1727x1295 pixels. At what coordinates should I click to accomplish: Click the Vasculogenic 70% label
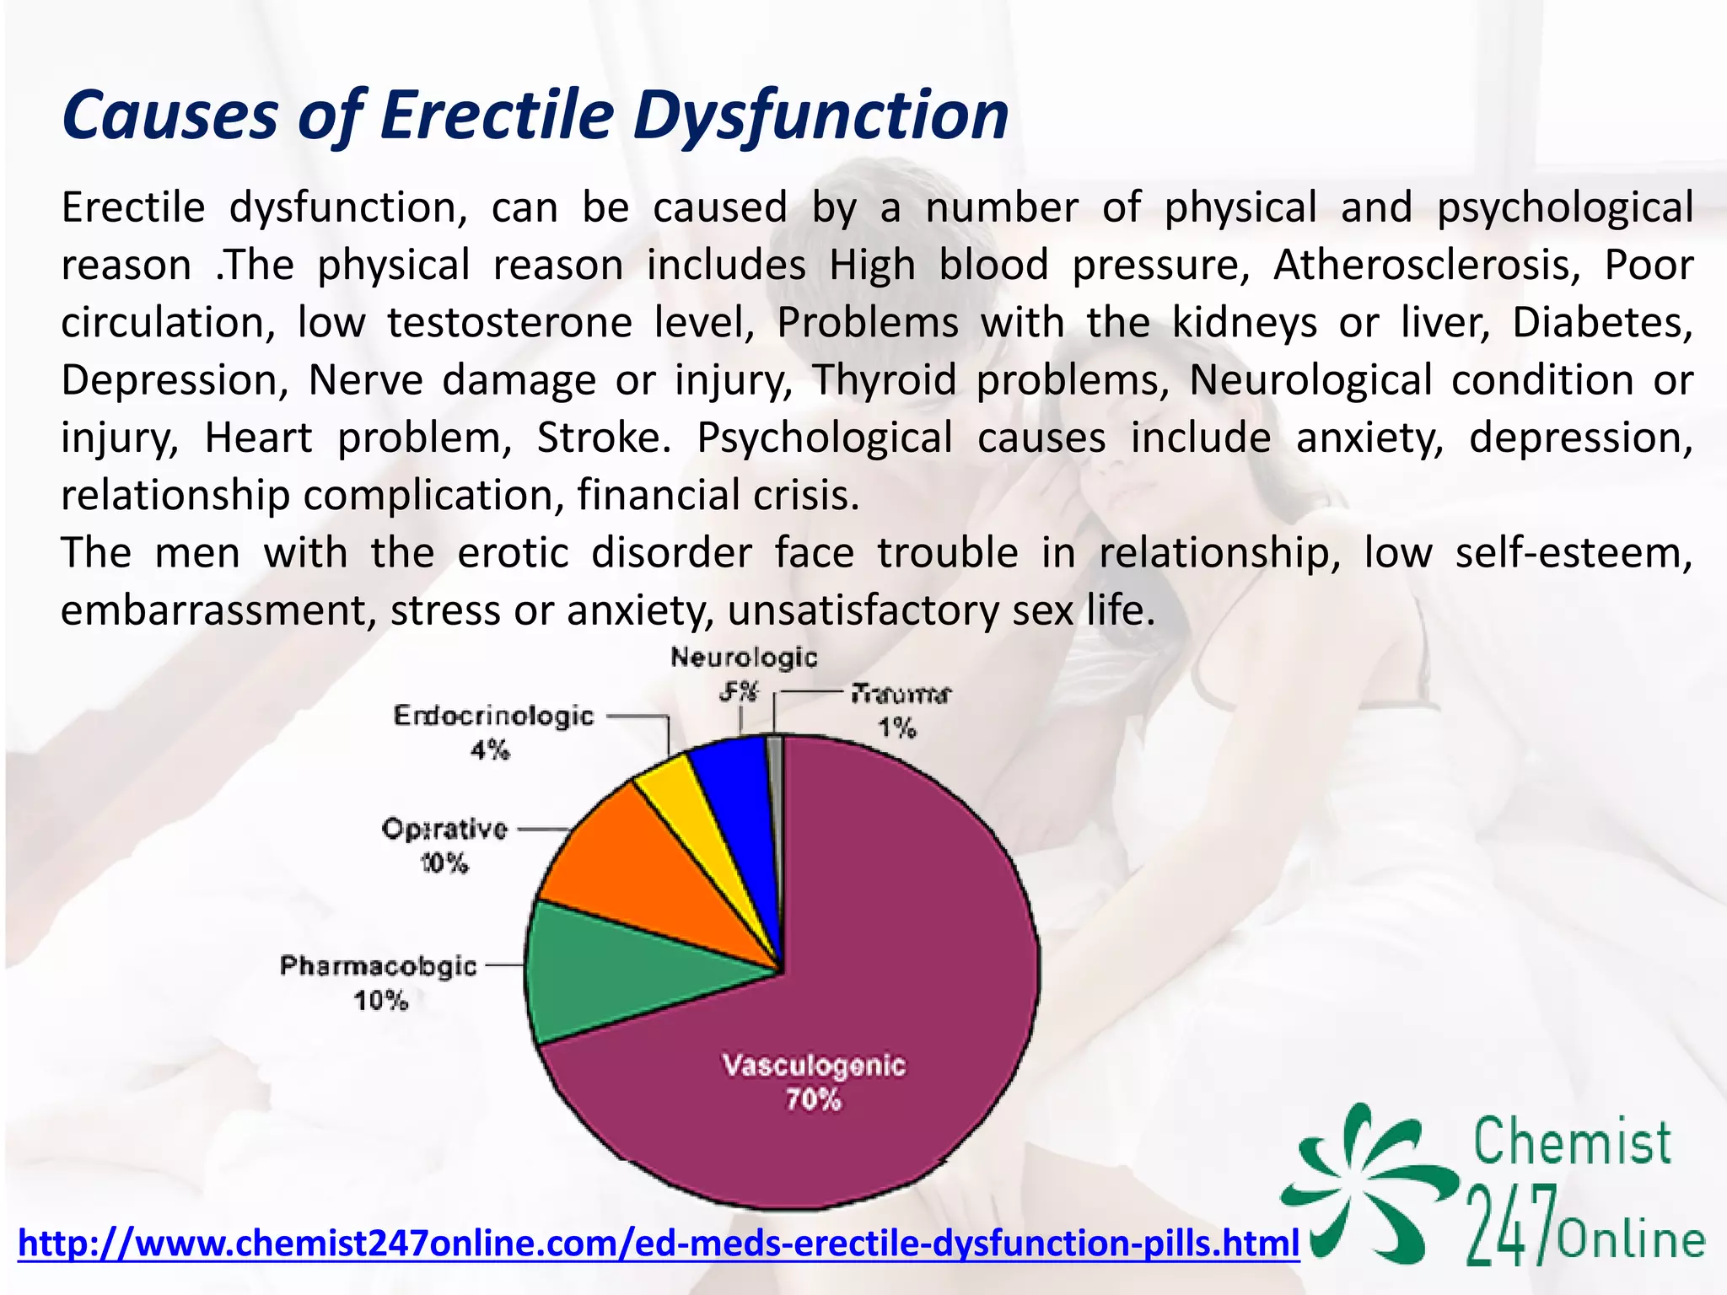[814, 1082]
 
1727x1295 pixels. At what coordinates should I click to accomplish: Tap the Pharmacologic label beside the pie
[378, 966]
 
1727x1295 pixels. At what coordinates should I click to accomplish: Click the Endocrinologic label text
[493, 717]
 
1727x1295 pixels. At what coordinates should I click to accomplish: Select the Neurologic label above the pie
[744, 658]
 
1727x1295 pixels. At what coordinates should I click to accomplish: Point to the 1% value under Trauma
[897, 728]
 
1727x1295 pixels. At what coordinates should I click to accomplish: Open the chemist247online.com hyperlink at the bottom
[658, 1244]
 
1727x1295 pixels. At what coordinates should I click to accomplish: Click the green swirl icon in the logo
[1366, 1180]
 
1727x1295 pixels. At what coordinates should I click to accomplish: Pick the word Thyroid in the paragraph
[885, 380]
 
